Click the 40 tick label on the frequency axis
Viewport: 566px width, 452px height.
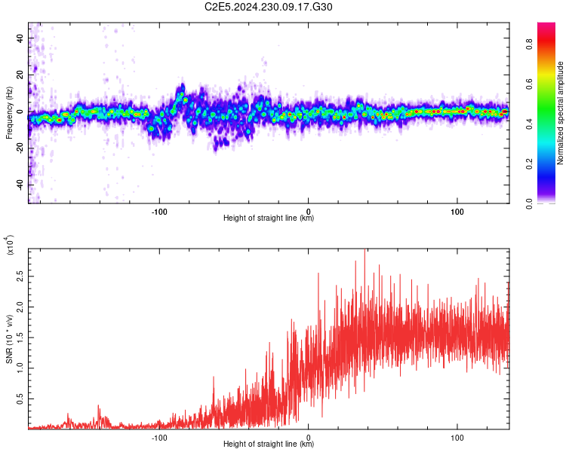[x=20, y=37]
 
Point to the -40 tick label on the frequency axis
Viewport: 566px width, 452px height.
[x=19, y=185]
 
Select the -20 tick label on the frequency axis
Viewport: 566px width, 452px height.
[x=19, y=148]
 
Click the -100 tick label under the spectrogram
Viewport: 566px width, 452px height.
[x=159, y=210]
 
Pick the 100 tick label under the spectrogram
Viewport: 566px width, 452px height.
[x=457, y=210]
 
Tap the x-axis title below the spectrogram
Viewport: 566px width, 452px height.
[x=269, y=218]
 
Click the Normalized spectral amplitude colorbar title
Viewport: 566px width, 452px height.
[x=561, y=113]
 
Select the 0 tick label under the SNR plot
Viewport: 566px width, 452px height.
[x=308, y=436]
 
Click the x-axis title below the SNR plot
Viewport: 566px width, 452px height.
[x=269, y=444]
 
